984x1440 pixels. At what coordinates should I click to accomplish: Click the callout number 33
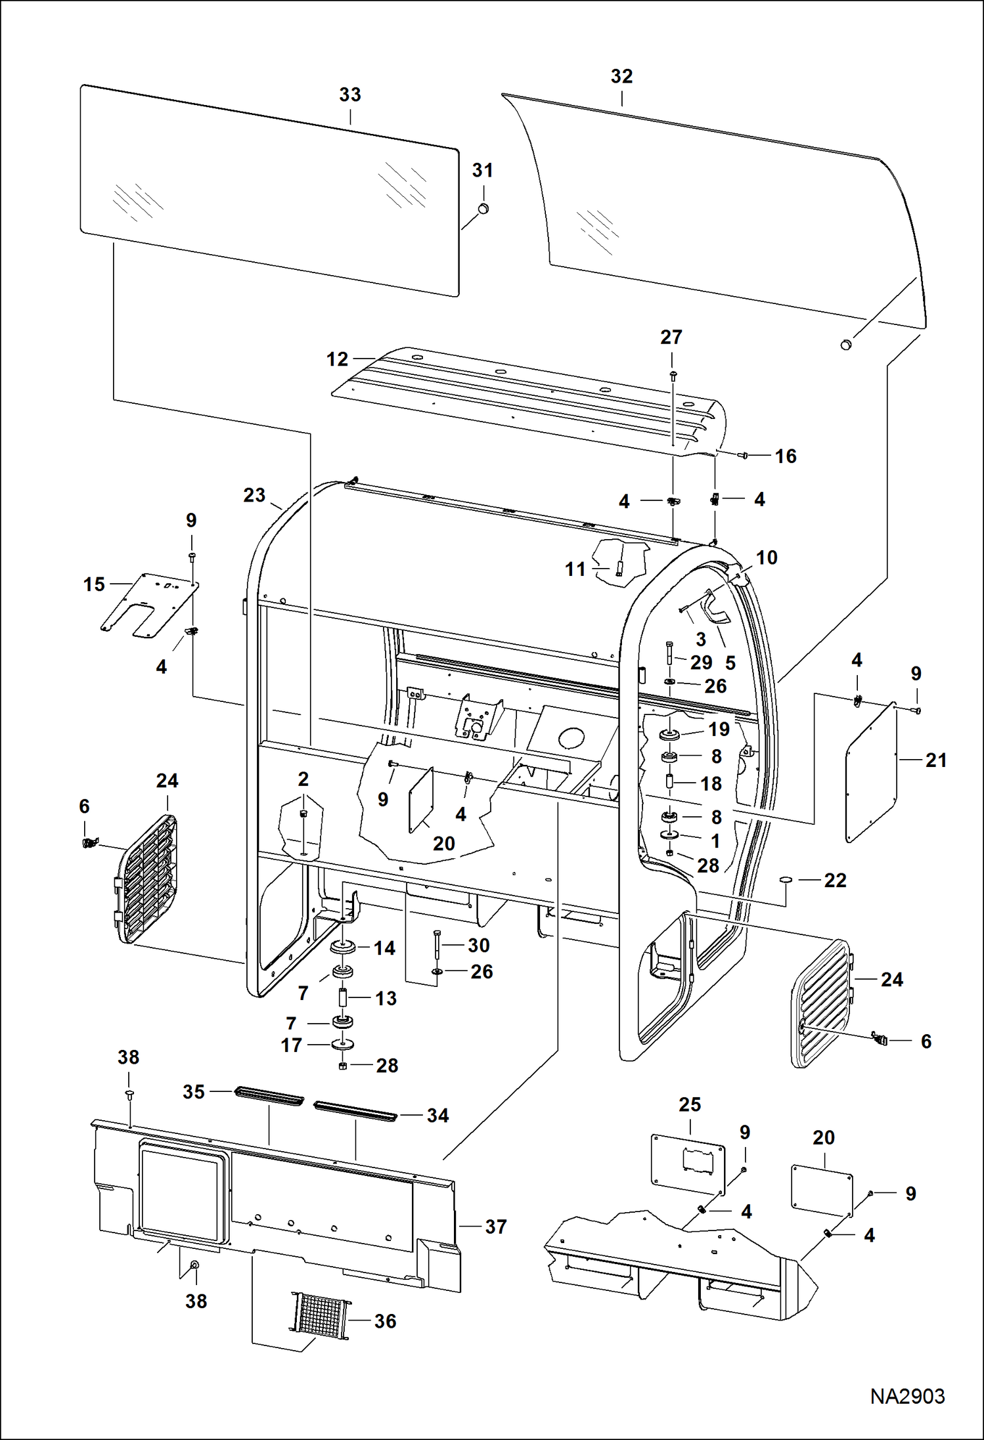349,95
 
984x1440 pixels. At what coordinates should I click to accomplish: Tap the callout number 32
621,76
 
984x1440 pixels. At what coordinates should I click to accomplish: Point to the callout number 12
337,359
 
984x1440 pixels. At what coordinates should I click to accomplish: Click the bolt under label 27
672,375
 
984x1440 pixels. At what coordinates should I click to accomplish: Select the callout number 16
785,456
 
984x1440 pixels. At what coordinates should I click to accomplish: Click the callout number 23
254,495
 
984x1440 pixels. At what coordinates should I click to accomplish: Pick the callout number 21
935,760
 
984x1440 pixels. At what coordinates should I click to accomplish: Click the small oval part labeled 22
785,880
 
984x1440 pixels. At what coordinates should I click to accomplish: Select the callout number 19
719,729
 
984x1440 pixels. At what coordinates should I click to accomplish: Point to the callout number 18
711,783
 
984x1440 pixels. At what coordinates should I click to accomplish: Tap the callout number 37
495,1227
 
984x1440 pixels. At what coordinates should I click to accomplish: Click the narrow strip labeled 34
355,1111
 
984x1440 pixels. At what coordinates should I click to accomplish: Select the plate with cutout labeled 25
688,1164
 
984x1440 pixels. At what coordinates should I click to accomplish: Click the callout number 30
478,946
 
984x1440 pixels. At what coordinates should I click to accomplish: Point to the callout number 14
384,948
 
